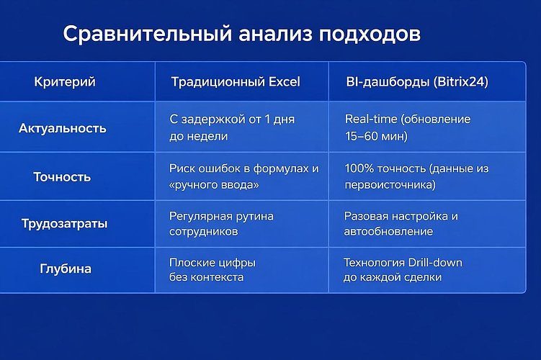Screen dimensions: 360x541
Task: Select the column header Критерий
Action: click(x=65, y=82)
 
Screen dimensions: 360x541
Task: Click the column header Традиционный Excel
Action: click(x=235, y=82)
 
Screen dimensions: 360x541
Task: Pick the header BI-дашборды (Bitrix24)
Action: click(x=417, y=82)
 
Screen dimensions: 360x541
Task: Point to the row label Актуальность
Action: click(x=63, y=128)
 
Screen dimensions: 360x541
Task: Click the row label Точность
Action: click(x=63, y=176)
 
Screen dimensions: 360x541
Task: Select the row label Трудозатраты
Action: click(x=64, y=223)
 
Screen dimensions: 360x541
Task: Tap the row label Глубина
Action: click(x=65, y=269)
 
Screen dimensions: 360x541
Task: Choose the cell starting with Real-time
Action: click(x=407, y=127)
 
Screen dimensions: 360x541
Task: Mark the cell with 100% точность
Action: click(x=416, y=176)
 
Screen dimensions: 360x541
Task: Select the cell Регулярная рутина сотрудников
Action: click(x=221, y=223)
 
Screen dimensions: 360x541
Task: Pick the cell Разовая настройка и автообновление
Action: click(x=401, y=223)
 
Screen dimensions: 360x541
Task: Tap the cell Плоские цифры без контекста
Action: click(x=212, y=269)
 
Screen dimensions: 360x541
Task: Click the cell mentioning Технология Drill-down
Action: click(x=403, y=269)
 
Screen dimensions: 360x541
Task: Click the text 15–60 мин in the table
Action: click(x=376, y=135)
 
